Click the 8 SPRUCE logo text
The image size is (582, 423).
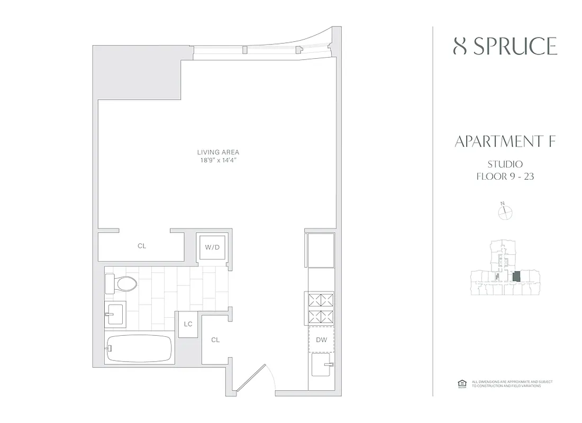coord(505,47)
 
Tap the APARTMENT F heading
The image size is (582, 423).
coord(505,142)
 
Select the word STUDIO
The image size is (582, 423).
coord(505,164)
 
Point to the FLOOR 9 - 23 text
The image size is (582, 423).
coord(505,177)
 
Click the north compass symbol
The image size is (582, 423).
coord(506,212)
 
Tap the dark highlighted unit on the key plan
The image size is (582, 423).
coord(517,277)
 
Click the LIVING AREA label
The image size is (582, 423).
coord(218,152)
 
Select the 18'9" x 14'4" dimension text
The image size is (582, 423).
coord(218,160)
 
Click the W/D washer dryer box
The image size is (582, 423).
coord(213,246)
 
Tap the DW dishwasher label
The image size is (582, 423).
coord(322,340)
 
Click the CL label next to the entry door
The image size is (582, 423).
coord(215,340)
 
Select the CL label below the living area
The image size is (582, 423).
coord(141,246)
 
